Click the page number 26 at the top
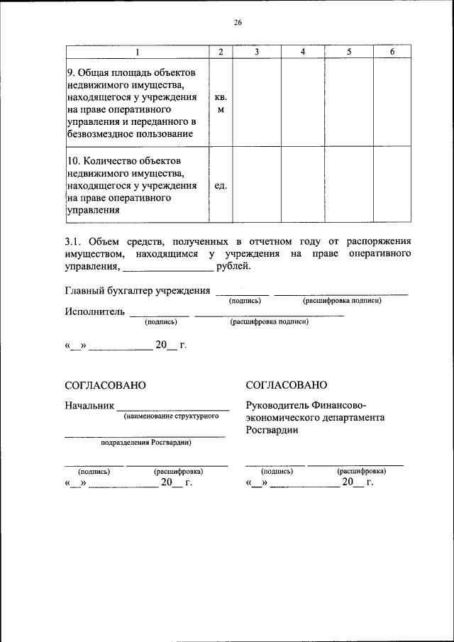coord(238,23)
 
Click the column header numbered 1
coord(138,52)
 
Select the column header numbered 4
coord(303,52)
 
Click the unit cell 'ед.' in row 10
coord(221,185)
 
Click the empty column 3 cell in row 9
coord(257,104)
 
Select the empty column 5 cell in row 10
coord(349,185)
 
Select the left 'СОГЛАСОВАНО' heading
coord(105,385)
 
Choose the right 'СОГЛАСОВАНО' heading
coord(286,385)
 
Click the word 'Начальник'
coord(89,406)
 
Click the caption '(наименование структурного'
coord(170,416)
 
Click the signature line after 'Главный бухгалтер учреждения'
coord(242,293)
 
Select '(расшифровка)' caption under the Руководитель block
coord(362,470)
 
